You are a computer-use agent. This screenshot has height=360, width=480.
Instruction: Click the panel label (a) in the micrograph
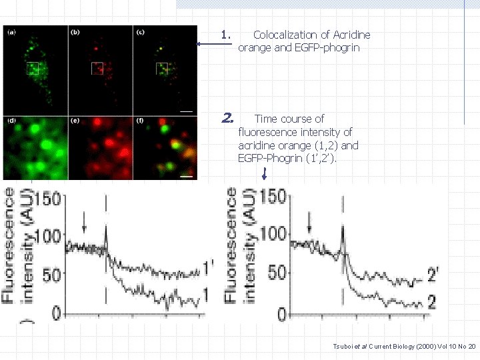[11, 32]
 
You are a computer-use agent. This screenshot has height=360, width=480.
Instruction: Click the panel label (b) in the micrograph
[76, 32]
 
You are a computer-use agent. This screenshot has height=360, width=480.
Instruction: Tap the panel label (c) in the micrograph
[141, 32]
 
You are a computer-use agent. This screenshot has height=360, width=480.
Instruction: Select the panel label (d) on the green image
[11, 121]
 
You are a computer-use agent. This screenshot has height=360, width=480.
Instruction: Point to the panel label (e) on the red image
[76, 121]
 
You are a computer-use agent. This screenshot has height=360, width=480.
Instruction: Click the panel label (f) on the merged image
[141, 121]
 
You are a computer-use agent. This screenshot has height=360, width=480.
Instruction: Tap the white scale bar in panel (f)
[187, 177]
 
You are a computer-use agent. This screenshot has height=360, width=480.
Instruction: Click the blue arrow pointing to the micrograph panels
[213, 44]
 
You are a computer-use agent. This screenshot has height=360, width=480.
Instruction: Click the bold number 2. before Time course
[227, 119]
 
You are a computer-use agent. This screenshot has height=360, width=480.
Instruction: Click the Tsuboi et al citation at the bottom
[404, 346]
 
